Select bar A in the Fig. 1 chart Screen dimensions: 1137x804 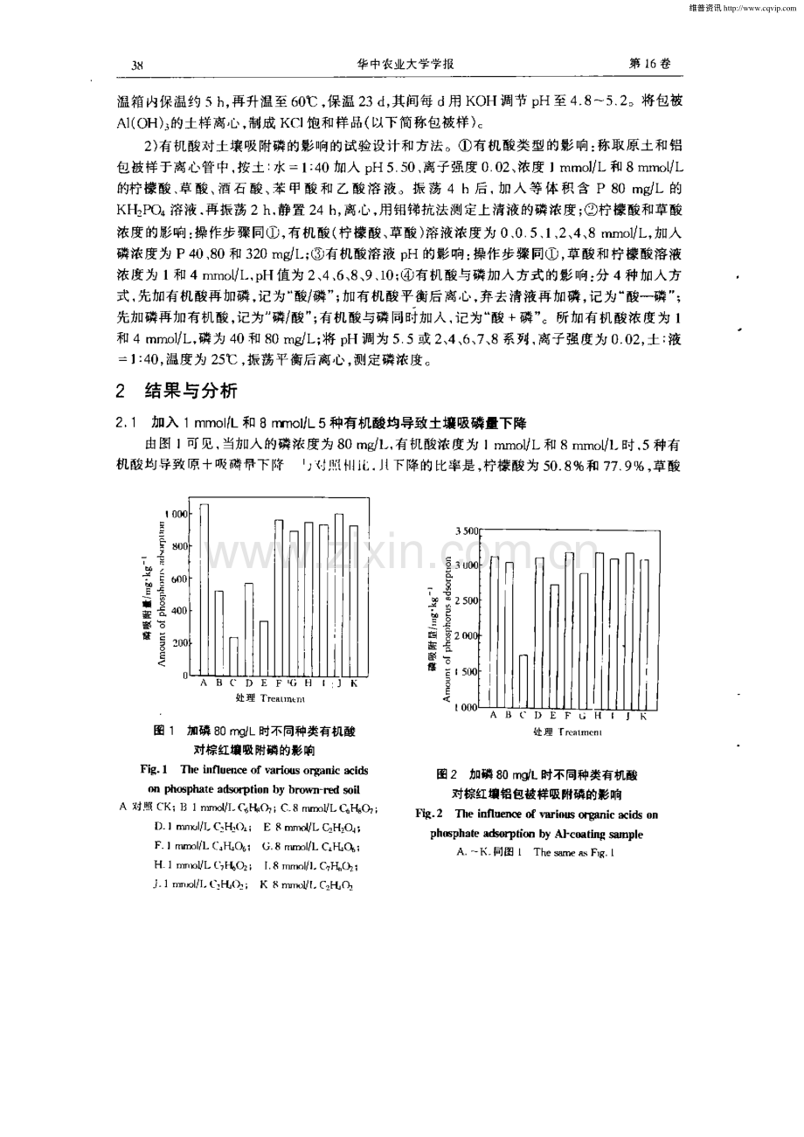click(x=204, y=590)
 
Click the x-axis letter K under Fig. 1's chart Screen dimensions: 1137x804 click(x=354, y=683)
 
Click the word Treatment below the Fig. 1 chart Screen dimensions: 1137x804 click(x=281, y=699)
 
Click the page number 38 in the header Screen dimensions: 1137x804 click(x=137, y=65)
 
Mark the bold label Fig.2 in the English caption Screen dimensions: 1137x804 click(x=427, y=814)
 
